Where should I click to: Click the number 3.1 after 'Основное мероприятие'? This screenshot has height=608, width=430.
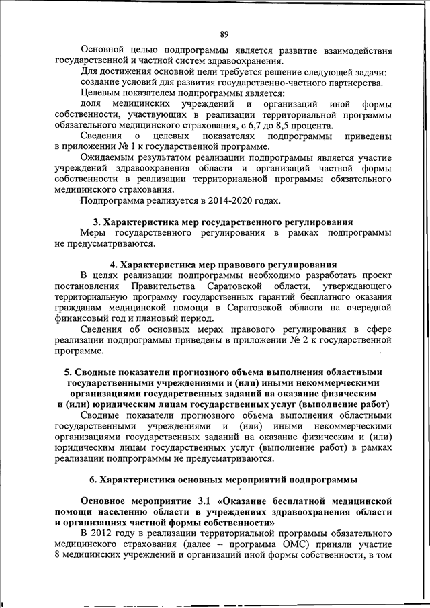coord(202,501)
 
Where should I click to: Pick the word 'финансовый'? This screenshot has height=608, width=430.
coord(83,318)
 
